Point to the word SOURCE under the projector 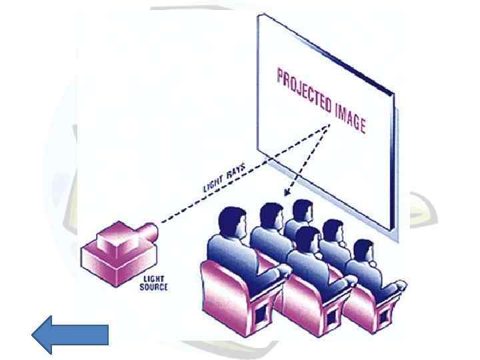[x=154, y=287]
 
